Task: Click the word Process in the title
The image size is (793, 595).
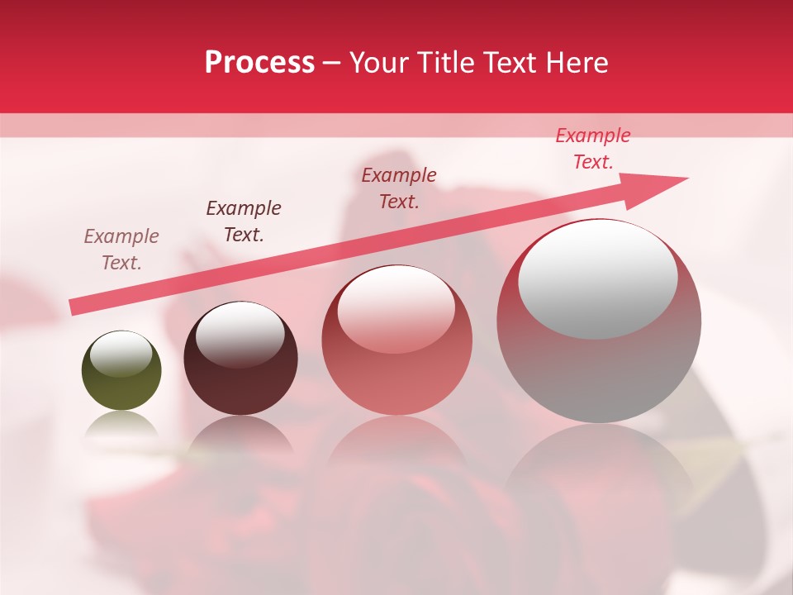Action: pyautogui.click(x=259, y=63)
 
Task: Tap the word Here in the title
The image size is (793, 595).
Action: pyautogui.click(x=576, y=63)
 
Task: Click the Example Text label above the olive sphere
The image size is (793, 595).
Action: pyautogui.click(x=121, y=250)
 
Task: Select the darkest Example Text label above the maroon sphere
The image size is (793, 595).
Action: pyautogui.click(x=244, y=221)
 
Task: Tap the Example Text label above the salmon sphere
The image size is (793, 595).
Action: pyautogui.click(x=399, y=188)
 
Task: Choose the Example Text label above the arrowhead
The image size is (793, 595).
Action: pyautogui.click(x=593, y=149)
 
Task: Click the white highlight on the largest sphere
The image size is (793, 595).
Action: pyautogui.click(x=597, y=279)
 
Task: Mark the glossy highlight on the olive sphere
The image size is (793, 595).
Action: pyautogui.click(x=121, y=354)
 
